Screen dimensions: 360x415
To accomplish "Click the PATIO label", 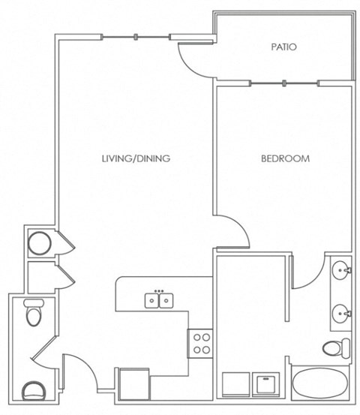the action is pyautogui.click(x=283, y=47).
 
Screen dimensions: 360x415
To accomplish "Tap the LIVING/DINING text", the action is pyautogui.click(x=136, y=158).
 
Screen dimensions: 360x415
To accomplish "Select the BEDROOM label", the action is pyautogui.click(x=286, y=158).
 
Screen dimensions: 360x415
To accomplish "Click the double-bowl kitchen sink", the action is pyautogui.click(x=159, y=300).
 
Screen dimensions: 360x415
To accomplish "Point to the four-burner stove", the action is pyautogui.click(x=200, y=344).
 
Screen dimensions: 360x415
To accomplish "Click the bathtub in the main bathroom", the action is pyautogui.click(x=320, y=383).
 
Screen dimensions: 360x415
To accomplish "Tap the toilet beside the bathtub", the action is pyautogui.click(x=337, y=347).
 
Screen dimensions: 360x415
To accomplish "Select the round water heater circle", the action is pyautogui.click(x=40, y=243).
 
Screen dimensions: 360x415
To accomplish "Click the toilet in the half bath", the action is pyautogui.click(x=34, y=312).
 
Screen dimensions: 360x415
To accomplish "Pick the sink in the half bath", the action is pyautogui.click(x=33, y=391).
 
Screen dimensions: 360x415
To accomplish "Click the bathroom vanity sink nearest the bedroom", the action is pyautogui.click(x=342, y=270).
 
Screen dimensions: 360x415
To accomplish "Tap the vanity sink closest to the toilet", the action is pyautogui.click(x=342, y=314).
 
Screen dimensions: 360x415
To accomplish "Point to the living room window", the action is pyautogui.click(x=136, y=37).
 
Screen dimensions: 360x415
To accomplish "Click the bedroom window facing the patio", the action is pyautogui.click(x=284, y=83).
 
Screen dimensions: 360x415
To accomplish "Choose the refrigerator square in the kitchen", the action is pyautogui.click(x=134, y=383).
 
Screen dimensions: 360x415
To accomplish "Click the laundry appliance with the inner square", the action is pyautogui.click(x=265, y=384).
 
